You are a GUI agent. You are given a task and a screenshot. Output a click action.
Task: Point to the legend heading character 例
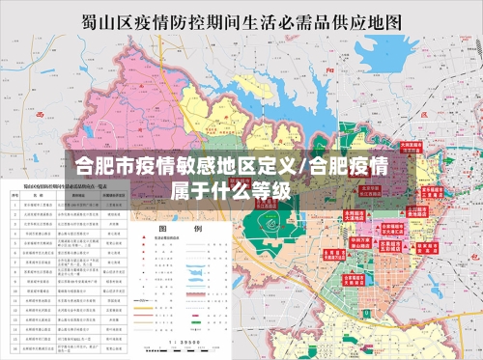[198, 230]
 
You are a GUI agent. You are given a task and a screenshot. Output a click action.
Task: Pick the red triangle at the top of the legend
[141, 245]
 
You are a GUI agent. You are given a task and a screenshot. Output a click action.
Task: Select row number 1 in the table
[14, 206]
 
